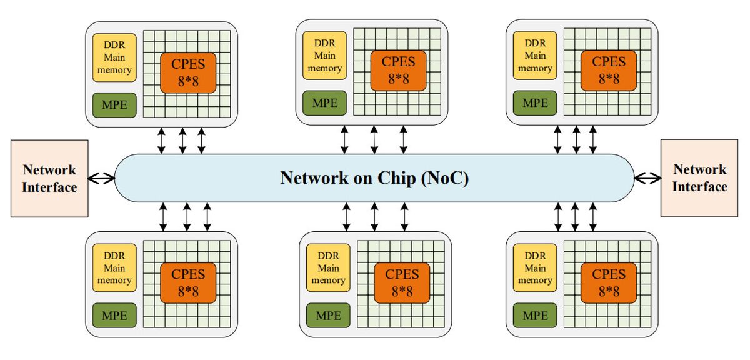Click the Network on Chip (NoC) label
(x=374, y=178)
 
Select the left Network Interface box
(x=49, y=178)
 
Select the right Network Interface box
(x=699, y=178)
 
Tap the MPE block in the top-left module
(x=114, y=105)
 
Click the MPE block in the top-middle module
(x=324, y=102)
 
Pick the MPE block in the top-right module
(x=534, y=102)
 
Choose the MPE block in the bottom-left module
(x=114, y=316)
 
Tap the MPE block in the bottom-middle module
(x=328, y=316)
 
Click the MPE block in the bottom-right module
(x=534, y=316)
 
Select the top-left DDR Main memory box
(x=114, y=57)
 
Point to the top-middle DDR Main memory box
(x=324, y=55)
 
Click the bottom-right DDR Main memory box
(x=534, y=268)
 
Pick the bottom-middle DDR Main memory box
(x=328, y=268)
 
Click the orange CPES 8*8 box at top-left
(x=188, y=72)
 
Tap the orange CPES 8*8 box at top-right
(x=608, y=69)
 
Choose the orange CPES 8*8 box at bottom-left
(x=188, y=282)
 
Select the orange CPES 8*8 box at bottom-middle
(x=402, y=282)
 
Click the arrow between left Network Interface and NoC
(x=102, y=178)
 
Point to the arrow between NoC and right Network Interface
(x=647, y=178)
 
